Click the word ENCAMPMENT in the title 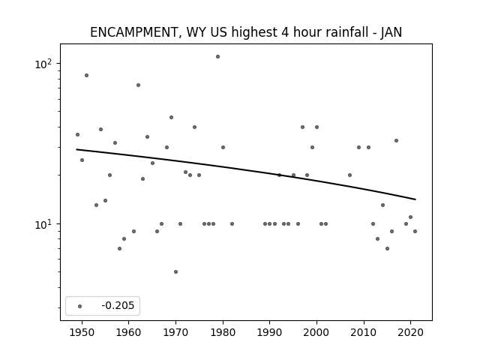[133, 32]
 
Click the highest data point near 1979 [217, 57]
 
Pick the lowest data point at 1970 [175, 271]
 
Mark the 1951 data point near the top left [87, 75]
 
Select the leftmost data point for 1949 [77, 135]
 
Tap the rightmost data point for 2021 [415, 232]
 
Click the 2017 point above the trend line [396, 140]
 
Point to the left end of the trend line [76, 149]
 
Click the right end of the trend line [415, 199]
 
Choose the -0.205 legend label [118, 305]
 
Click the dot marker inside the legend [80, 306]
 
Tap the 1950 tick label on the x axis [82, 332]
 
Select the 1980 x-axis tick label [223, 332]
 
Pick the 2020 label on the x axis [410, 332]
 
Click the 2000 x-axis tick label [316, 332]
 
